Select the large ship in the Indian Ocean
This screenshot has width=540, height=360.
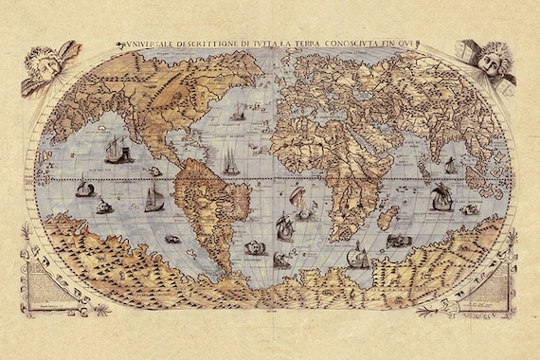(x=439, y=197)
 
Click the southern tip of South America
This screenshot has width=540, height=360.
(x=220, y=272)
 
